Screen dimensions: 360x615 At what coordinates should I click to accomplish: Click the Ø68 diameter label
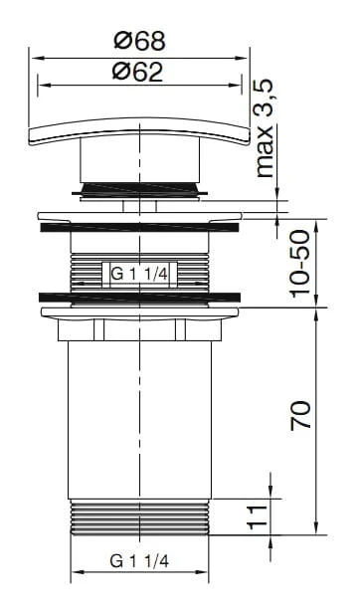coord(139,41)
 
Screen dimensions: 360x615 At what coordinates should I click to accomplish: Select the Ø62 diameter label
coord(137,72)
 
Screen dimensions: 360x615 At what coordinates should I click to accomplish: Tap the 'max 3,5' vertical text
coord(265,127)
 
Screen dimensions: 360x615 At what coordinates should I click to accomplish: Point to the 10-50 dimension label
coord(300,263)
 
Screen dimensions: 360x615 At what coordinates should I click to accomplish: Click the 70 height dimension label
coord(300,415)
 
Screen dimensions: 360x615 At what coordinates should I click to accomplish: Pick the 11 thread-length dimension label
coord(258,516)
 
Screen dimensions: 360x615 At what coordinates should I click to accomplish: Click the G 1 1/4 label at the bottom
coord(139,561)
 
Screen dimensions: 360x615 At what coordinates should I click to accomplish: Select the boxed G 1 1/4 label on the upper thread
coord(139,274)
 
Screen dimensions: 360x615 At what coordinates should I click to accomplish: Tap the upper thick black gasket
coord(139,227)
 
